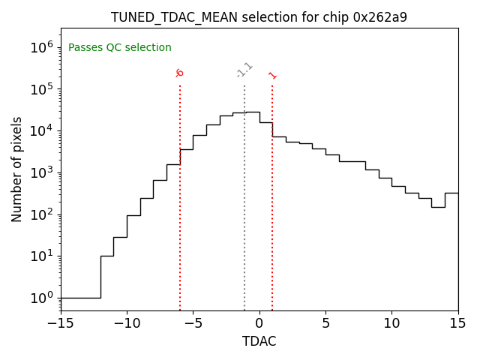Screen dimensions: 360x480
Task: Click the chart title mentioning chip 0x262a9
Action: tap(259, 17)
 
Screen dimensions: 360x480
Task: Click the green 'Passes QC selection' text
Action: tap(120, 48)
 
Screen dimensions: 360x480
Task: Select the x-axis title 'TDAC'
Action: tap(259, 341)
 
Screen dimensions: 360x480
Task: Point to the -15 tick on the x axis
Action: tap(60, 323)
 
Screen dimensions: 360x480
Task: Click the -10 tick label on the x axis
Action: tap(127, 323)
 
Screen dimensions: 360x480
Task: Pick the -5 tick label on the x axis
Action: tap(193, 323)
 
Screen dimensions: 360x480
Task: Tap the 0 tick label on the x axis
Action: tap(259, 323)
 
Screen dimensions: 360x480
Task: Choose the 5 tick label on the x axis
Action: tap(325, 323)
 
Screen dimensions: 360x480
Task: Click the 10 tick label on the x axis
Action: tap(391, 323)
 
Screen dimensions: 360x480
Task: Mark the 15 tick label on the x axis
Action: tap(457, 323)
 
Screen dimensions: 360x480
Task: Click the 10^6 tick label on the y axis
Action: tap(41, 47)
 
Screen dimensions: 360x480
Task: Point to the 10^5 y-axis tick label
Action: tap(41, 89)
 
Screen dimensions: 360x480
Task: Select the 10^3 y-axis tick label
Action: tap(41, 172)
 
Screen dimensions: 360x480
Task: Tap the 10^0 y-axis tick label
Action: tap(41, 298)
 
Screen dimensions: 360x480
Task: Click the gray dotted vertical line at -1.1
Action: tap(244, 195)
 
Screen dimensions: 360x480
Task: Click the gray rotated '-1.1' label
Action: tap(244, 70)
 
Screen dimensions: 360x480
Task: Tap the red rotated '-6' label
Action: tap(179, 73)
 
